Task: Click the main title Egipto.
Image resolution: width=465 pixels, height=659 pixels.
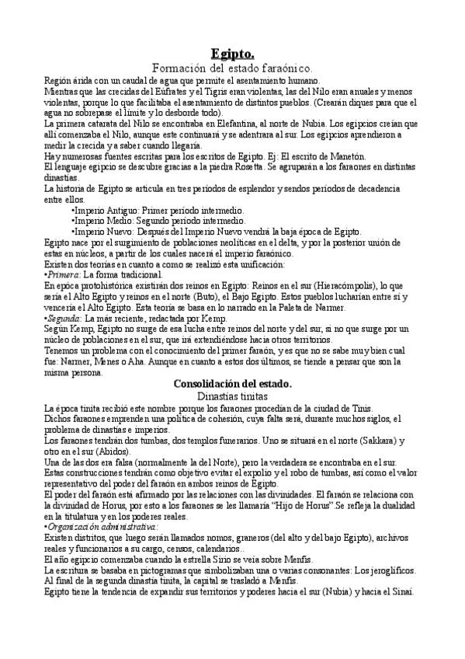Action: tap(232, 54)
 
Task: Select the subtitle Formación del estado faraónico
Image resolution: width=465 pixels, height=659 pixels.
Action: tap(232, 69)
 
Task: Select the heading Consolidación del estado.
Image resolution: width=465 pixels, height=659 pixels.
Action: tap(232, 383)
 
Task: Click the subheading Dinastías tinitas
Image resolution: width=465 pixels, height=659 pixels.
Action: tap(232, 396)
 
